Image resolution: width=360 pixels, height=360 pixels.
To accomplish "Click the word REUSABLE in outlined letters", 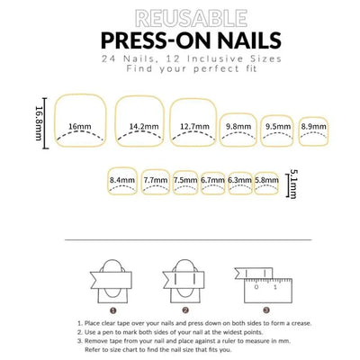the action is click(x=192, y=19).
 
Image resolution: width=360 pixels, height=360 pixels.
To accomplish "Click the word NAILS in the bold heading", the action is click(x=245, y=40).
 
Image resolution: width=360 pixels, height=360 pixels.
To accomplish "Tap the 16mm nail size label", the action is click(x=79, y=127).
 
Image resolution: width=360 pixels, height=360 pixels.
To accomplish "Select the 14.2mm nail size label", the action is click(x=144, y=127).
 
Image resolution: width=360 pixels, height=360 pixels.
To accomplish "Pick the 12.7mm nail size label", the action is click(x=194, y=127).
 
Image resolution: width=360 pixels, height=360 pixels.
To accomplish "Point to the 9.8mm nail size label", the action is click(x=238, y=127).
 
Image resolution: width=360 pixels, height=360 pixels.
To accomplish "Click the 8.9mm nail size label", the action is click(x=314, y=127).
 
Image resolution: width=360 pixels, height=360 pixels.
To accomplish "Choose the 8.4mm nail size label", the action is click(x=122, y=180).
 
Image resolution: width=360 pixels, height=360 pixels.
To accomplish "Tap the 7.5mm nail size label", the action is click(x=185, y=180).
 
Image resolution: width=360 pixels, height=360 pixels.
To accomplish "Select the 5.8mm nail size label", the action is click(x=266, y=180).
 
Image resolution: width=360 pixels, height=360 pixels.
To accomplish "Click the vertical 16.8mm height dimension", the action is click(x=39, y=123).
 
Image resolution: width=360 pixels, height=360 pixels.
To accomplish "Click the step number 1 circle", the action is click(x=112, y=310).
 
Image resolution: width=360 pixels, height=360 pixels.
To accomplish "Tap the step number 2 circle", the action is click(x=185, y=310).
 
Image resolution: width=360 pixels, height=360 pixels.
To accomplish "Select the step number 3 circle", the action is click(x=266, y=310).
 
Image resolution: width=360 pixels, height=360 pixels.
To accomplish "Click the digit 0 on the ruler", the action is click(x=256, y=287).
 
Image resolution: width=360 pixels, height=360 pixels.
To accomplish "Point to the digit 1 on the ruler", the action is click(x=275, y=287).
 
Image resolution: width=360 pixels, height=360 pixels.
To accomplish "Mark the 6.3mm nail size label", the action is click(x=239, y=180).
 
